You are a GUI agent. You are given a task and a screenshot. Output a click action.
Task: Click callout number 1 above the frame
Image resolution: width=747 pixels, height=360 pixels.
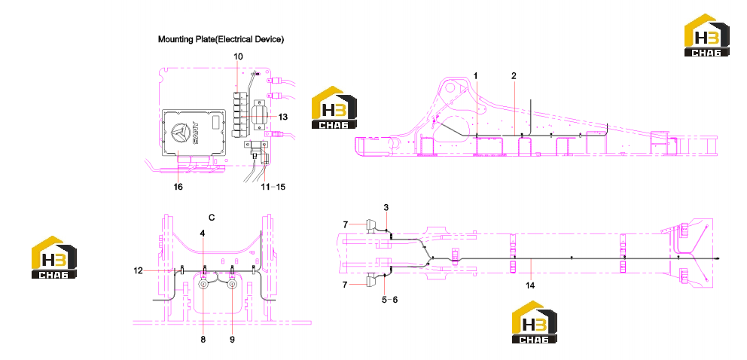point(475,76)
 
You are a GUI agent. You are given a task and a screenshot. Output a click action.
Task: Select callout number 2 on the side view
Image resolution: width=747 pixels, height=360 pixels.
point(514,76)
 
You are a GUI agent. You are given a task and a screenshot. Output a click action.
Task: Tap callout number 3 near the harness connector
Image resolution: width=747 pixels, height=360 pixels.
point(386,207)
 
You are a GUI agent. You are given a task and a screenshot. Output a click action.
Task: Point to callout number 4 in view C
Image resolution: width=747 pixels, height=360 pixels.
point(203,233)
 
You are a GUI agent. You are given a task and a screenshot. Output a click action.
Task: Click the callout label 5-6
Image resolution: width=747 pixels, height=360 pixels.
point(391,300)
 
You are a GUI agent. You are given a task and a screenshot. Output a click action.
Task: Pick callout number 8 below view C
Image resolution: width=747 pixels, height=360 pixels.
point(203,340)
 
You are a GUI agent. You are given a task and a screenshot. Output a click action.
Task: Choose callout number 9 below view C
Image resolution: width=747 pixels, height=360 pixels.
point(232,340)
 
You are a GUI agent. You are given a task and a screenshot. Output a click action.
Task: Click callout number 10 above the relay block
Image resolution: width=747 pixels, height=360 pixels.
point(238,56)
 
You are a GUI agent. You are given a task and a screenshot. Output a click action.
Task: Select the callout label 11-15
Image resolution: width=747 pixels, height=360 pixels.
point(274,187)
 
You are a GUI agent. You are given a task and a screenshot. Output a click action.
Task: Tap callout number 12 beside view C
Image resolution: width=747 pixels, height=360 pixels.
point(139,270)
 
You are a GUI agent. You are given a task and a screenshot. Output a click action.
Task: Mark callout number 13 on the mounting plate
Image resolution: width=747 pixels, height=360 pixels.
point(283,117)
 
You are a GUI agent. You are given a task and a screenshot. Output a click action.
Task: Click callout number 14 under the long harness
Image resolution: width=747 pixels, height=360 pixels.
point(530,285)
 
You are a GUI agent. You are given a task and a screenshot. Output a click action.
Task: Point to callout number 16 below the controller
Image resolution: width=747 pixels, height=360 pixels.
point(178,187)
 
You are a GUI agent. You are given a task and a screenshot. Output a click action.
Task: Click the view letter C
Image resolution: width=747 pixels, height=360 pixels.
point(212,218)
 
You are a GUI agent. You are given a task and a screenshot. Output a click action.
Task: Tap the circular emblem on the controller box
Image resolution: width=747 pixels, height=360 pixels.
point(181,133)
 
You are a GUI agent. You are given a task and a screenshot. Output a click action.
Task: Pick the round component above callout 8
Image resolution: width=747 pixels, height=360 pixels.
point(203,285)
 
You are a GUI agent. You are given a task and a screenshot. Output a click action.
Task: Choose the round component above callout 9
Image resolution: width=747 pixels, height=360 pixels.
point(232,285)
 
